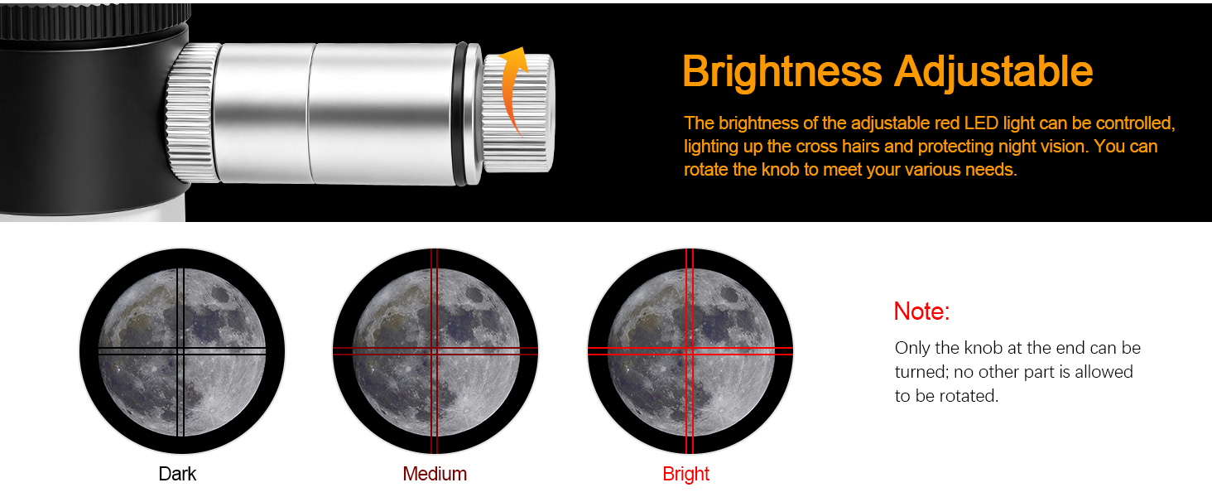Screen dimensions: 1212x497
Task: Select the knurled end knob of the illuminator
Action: pos(518,113)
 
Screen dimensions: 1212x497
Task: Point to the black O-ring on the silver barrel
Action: pos(461,114)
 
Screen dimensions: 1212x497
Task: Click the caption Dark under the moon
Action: pos(177,474)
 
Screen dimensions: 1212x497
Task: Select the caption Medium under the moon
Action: pos(435,474)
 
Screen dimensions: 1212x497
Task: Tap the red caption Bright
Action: pos(685,474)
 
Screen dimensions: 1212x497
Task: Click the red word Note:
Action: pos(921,311)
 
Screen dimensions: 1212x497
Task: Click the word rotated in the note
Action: pos(969,396)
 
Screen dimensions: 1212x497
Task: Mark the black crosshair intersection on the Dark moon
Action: pos(180,351)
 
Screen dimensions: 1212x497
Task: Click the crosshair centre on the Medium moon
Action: pos(434,351)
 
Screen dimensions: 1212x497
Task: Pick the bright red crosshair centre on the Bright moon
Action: pos(690,351)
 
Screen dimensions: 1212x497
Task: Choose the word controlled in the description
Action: pos(1136,123)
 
